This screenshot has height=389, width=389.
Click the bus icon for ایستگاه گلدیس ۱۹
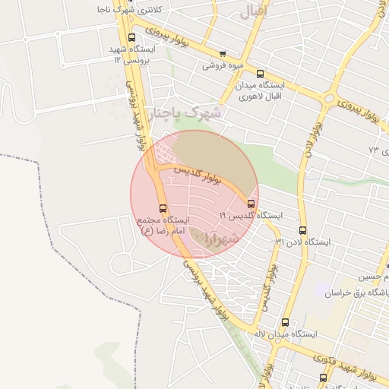(x=251, y=203)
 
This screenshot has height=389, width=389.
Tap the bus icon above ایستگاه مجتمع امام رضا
(x=163, y=207)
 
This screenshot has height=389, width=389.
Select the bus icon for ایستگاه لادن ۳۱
(x=303, y=230)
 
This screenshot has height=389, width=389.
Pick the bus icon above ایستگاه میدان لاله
(x=286, y=322)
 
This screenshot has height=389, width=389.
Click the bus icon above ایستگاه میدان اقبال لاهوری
(x=261, y=74)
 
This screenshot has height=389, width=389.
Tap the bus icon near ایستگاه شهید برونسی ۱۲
(x=132, y=37)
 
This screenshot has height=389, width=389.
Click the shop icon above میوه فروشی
(x=223, y=54)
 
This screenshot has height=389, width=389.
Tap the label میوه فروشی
(x=222, y=65)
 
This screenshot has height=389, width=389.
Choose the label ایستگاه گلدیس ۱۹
(x=250, y=216)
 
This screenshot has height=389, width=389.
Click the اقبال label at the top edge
(x=251, y=12)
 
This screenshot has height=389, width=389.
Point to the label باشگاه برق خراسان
(x=357, y=293)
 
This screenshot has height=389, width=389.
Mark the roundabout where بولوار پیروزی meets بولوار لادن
(x=330, y=98)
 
